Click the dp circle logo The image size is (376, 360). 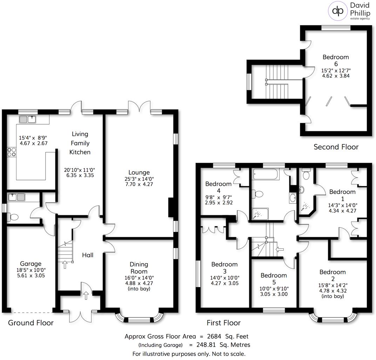[x=337, y=11]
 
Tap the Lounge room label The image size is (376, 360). [x=139, y=172]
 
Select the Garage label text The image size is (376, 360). [x=31, y=264]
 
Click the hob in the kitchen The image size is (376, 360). [x=11, y=152]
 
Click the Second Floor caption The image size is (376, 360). [x=336, y=147]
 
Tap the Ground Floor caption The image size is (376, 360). [x=31, y=323]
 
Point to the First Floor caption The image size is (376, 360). [x=224, y=323]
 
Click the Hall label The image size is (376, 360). [x=87, y=255]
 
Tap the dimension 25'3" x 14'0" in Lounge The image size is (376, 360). [x=139, y=178]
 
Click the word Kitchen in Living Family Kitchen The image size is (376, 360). [x=80, y=152]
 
